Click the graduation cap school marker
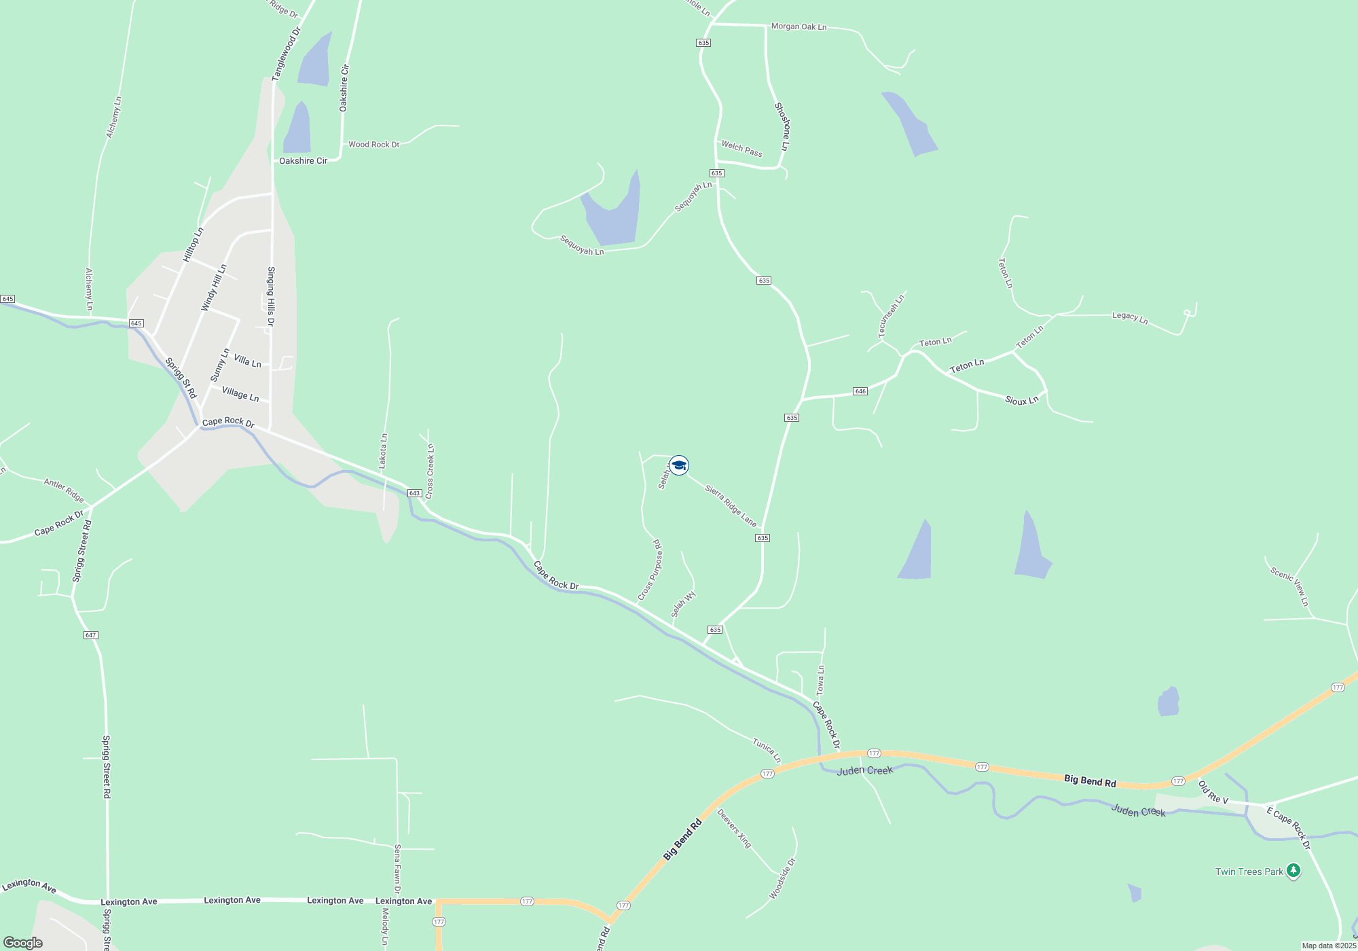(678, 465)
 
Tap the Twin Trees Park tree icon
(1293, 870)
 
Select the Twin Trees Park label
(1249, 872)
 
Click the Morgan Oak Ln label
(799, 26)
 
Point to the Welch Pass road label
(741, 149)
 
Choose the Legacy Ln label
(1130, 317)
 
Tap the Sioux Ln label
(1021, 400)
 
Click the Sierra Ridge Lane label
(731, 505)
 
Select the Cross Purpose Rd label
(650, 571)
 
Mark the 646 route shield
(860, 391)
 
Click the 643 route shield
(415, 493)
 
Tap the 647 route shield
(91, 635)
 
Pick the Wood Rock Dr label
(373, 145)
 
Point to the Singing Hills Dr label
(271, 296)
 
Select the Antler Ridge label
(64, 490)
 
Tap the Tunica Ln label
(767, 751)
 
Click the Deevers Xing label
(735, 829)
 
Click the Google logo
(23, 943)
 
